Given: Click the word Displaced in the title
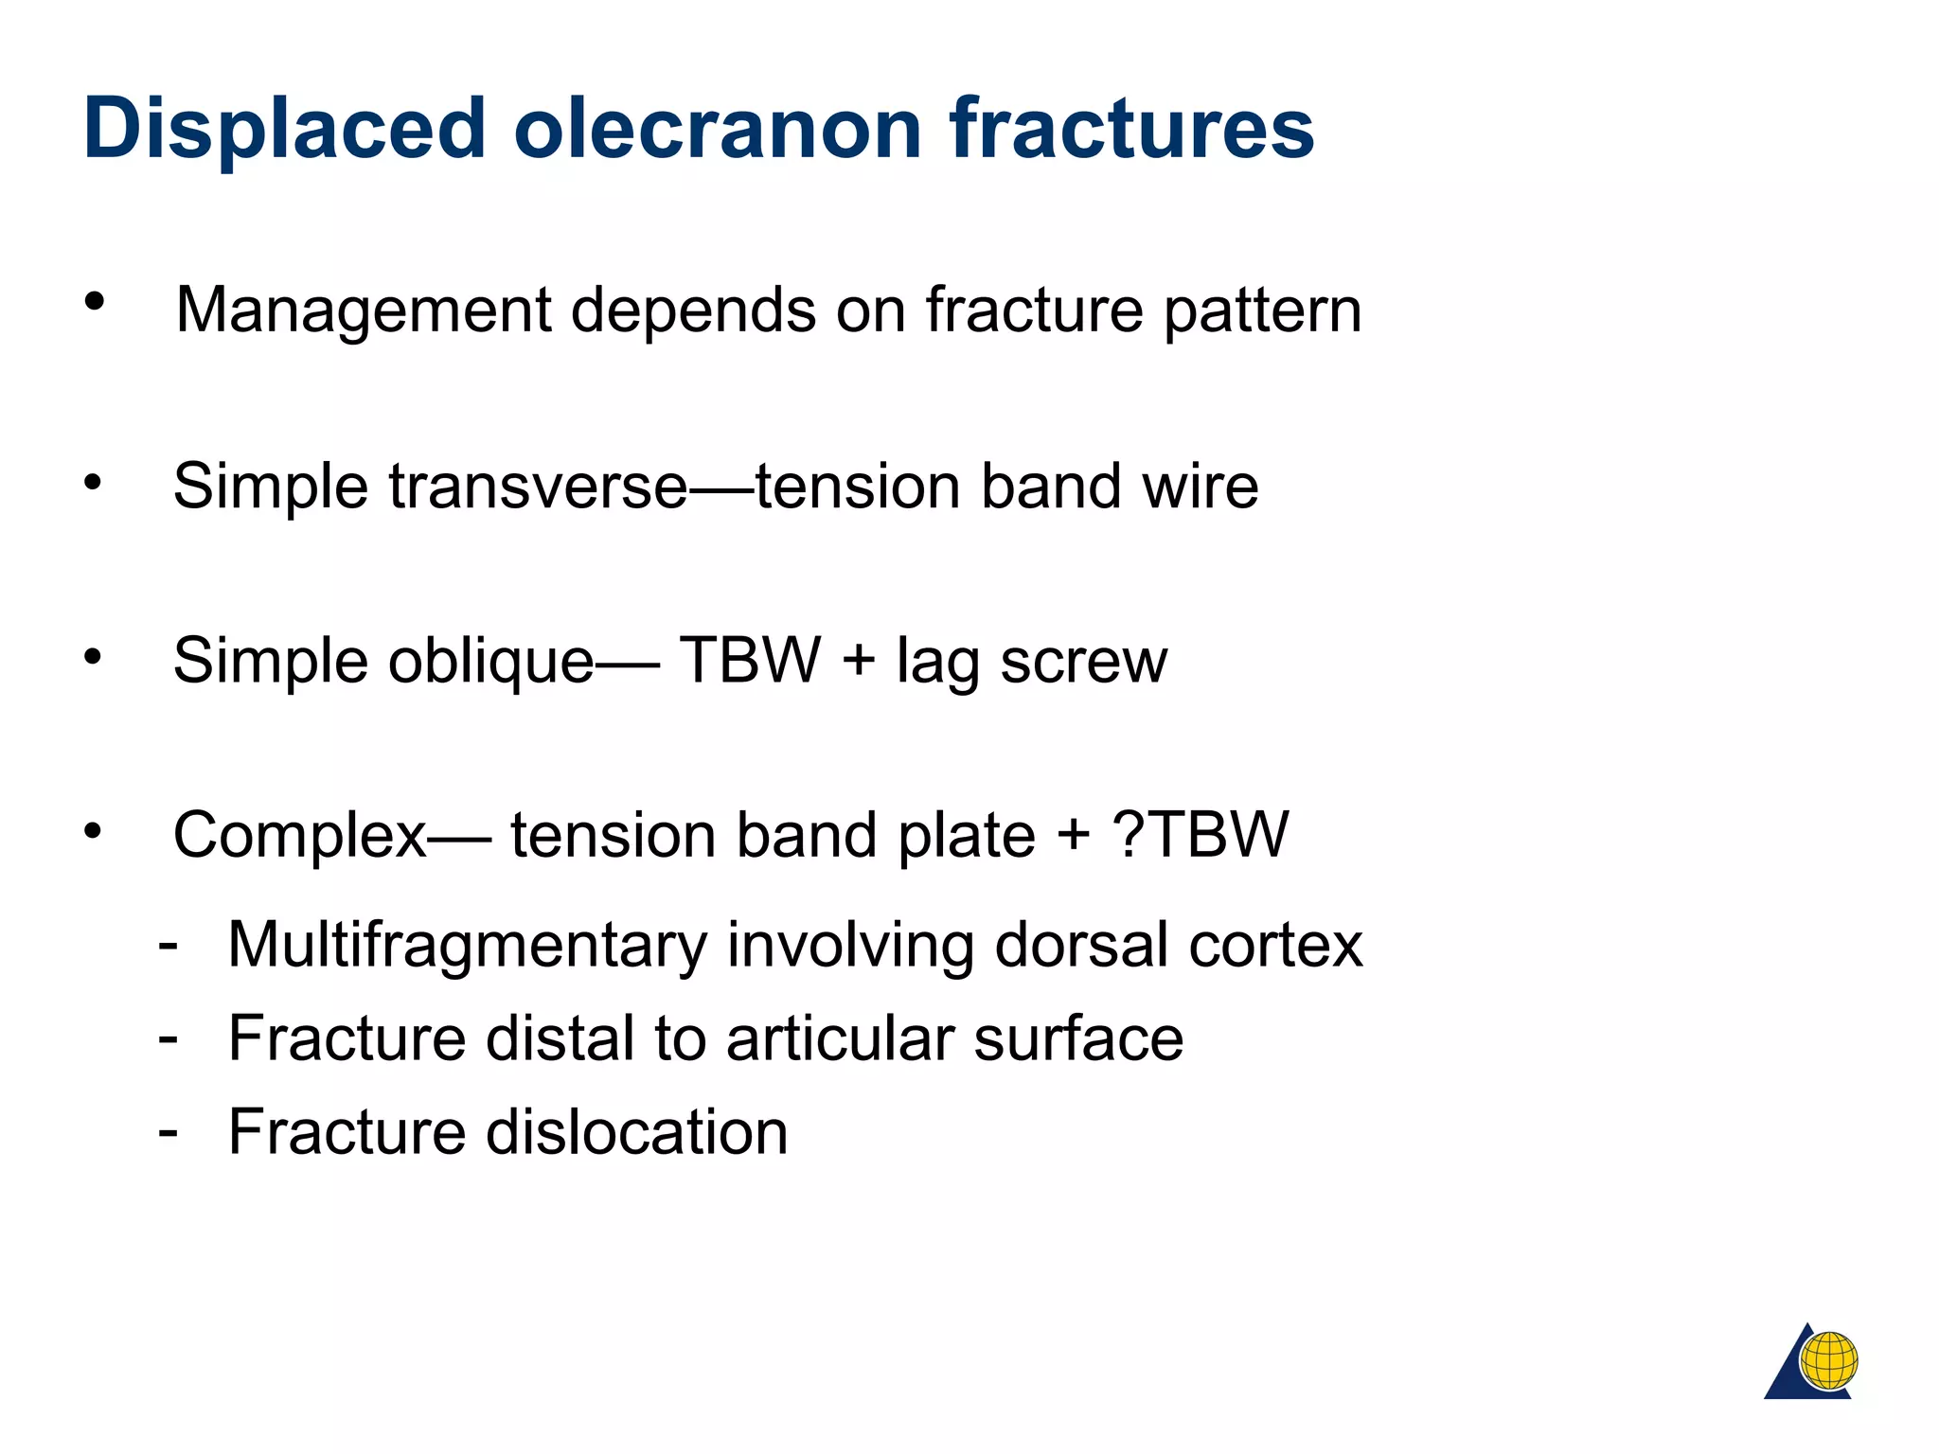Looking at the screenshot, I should [284, 130].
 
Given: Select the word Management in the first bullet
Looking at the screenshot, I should [364, 310].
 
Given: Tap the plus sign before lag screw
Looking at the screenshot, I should [858, 660].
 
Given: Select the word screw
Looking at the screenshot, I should [1084, 662].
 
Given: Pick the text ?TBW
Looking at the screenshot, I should [1201, 835].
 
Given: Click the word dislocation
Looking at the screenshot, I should [636, 1132].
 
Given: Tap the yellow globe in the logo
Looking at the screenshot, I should [1828, 1360].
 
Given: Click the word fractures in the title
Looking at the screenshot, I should [1132, 130].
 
